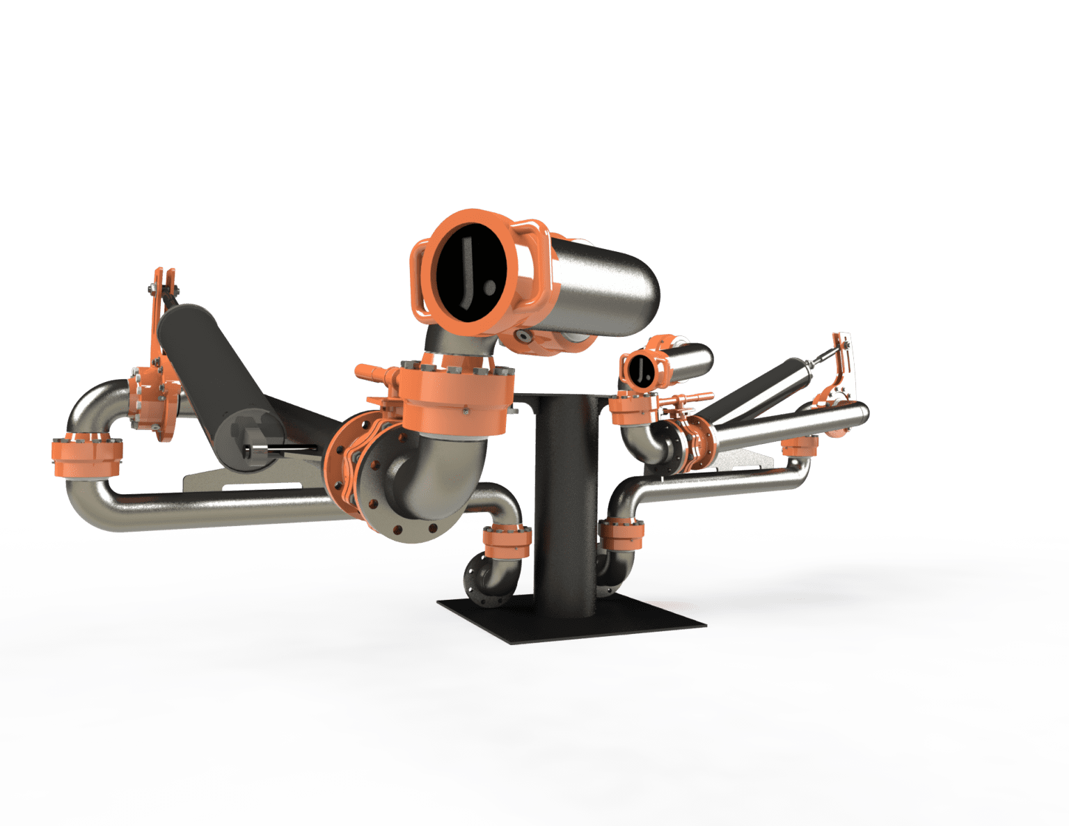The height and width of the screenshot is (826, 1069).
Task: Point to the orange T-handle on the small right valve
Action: (x=692, y=398)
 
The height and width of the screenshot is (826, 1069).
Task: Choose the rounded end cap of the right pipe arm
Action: (x=863, y=414)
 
